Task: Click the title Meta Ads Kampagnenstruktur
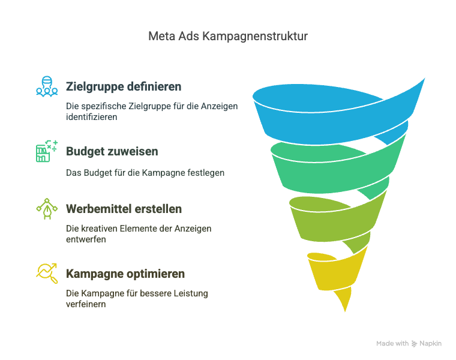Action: click(x=228, y=37)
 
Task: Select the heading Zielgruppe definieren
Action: click(x=124, y=86)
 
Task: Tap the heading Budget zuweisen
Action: click(x=112, y=152)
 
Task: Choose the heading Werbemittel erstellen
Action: click(x=124, y=209)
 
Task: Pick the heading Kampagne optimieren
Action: click(x=125, y=274)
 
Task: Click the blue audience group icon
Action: click(x=47, y=86)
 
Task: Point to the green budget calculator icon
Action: click(x=47, y=151)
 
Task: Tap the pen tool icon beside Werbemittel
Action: click(x=47, y=209)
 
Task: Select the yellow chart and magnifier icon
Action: click(x=47, y=274)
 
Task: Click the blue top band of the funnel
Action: click(x=332, y=122)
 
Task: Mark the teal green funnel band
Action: click(x=334, y=172)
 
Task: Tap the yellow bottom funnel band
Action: click(x=334, y=274)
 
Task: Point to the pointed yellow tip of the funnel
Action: click(x=345, y=311)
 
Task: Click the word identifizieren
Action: click(x=92, y=117)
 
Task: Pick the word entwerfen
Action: click(x=86, y=239)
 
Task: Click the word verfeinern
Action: click(x=86, y=304)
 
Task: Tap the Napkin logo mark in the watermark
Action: click(x=414, y=344)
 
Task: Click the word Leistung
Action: click(x=191, y=293)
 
